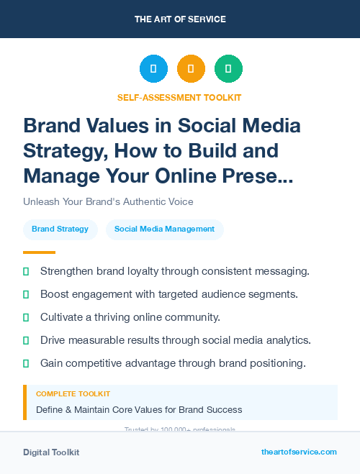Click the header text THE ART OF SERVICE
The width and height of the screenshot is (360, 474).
(179, 19)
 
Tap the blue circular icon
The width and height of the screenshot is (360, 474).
(153, 69)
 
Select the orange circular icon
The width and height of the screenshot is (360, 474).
(191, 69)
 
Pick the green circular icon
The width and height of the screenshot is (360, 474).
(228, 69)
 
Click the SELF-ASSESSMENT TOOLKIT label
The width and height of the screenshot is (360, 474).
(179, 97)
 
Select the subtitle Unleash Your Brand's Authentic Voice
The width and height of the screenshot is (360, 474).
(108, 201)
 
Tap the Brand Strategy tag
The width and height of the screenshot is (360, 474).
(60, 229)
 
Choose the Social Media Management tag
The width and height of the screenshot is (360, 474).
(164, 229)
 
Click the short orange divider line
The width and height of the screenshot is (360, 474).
(39, 252)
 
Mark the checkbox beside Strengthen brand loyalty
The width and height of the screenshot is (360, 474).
(26, 271)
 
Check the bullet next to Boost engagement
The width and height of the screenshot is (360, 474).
(26, 294)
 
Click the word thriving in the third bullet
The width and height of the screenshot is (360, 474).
(111, 317)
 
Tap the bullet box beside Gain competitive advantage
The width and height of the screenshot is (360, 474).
(26, 363)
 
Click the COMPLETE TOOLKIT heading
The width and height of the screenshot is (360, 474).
(73, 394)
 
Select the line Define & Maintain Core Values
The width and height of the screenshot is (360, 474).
(139, 410)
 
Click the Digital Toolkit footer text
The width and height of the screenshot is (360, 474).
(51, 452)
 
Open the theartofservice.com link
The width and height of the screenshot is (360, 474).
(299, 452)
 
